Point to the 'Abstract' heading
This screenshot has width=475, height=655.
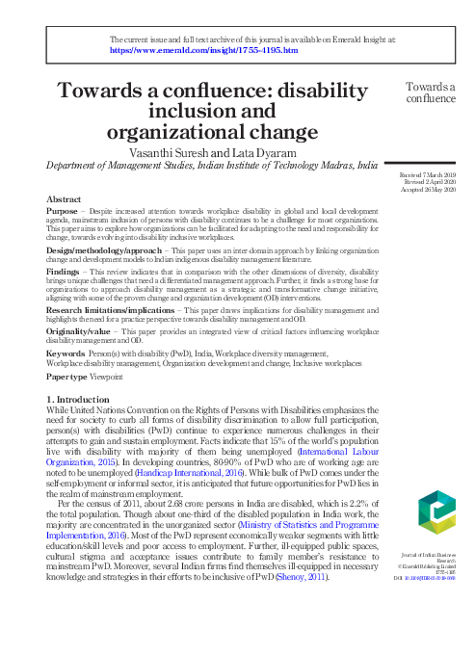(x=64, y=198)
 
